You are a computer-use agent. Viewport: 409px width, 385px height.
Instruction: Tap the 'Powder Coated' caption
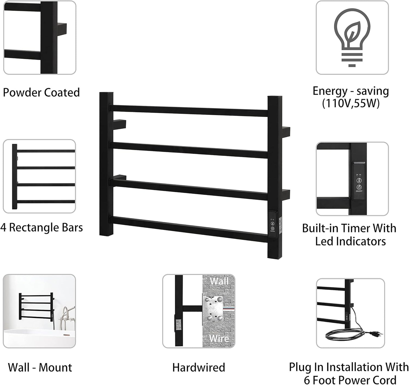click(41, 93)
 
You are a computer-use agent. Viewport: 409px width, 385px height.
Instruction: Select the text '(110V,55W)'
click(351, 104)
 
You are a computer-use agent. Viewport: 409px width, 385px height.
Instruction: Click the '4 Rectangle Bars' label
click(42, 228)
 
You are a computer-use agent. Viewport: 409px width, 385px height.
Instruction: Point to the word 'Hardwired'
click(199, 367)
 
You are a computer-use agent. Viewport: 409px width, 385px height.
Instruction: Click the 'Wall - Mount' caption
click(40, 367)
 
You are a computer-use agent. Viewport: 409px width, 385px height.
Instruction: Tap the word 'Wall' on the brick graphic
click(219, 281)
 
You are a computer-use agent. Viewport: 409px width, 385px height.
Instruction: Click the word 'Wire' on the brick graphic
click(219, 338)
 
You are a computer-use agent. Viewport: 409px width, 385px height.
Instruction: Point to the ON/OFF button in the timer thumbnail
click(359, 187)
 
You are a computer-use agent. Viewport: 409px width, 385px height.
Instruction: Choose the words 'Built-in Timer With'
click(349, 228)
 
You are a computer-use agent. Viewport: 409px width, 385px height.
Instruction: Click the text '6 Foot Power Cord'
click(350, 380)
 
